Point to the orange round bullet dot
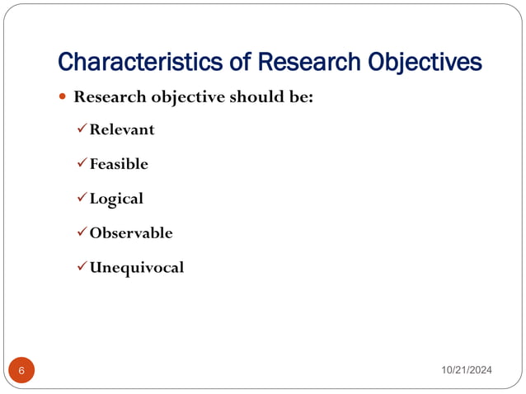coord(63,97)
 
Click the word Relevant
coord(122,129)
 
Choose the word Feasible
coord(119,164)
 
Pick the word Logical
coord(116,199)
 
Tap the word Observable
coord(131,233)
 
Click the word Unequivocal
coord(137,268)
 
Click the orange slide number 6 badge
coord(21,371)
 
